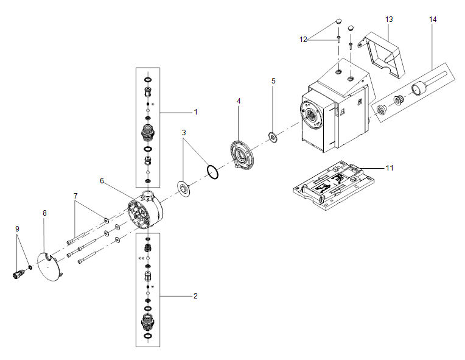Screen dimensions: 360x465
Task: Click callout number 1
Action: point(195,111)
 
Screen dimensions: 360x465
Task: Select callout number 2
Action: point(195,296)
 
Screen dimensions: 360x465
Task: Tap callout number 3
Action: point(184,132)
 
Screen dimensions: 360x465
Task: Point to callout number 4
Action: point(239,101)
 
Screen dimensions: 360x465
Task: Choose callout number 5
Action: point(273,81)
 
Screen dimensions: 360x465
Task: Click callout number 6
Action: point(102,181)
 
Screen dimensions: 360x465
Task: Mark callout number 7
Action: point(75,196)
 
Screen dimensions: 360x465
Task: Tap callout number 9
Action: point(17,228)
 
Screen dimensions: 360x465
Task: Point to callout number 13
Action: point(389,19)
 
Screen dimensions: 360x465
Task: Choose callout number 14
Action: point(432,19)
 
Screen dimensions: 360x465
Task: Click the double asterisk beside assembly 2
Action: point(141,259)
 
